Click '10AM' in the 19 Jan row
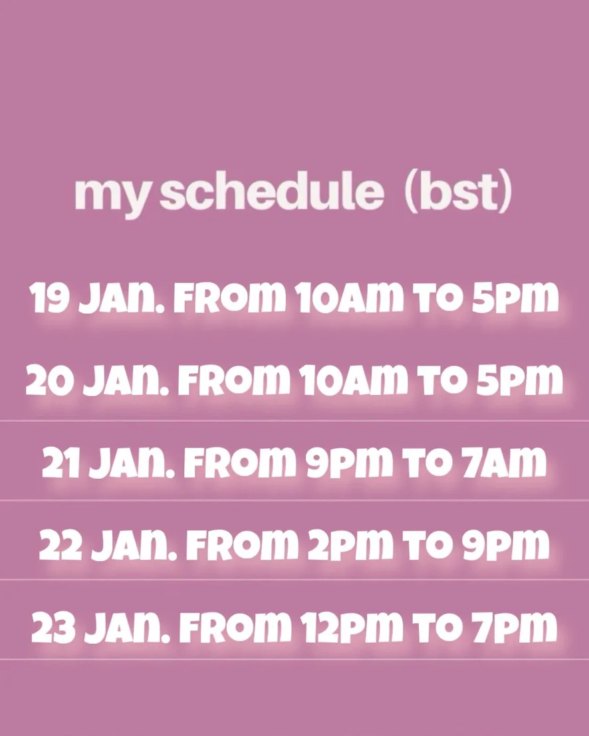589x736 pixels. (x=349, y=298)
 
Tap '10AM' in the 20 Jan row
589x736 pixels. (x=354, y=379)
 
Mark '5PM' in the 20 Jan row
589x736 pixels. (x=520, y=379)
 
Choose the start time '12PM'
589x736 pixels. (x=351, y=627)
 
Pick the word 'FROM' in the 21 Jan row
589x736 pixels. (x=240, y=462)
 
